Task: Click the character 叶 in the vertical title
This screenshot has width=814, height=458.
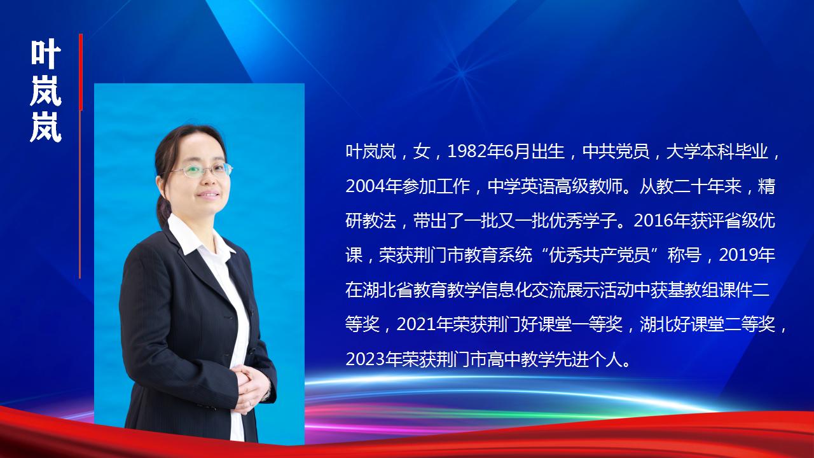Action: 46,54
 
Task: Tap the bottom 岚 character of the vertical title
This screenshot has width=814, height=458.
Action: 46,127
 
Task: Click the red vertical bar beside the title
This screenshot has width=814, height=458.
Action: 81,72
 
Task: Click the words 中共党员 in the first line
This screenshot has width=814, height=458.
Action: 616,151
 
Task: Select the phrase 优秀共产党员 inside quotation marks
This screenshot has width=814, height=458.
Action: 600,255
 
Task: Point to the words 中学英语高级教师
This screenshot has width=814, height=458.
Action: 555,186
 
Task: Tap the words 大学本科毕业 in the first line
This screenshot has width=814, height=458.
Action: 717,151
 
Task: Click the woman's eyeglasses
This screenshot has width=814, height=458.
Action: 201,170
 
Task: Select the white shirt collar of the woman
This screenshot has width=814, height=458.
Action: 198,238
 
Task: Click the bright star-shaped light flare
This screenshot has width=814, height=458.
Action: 462,73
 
